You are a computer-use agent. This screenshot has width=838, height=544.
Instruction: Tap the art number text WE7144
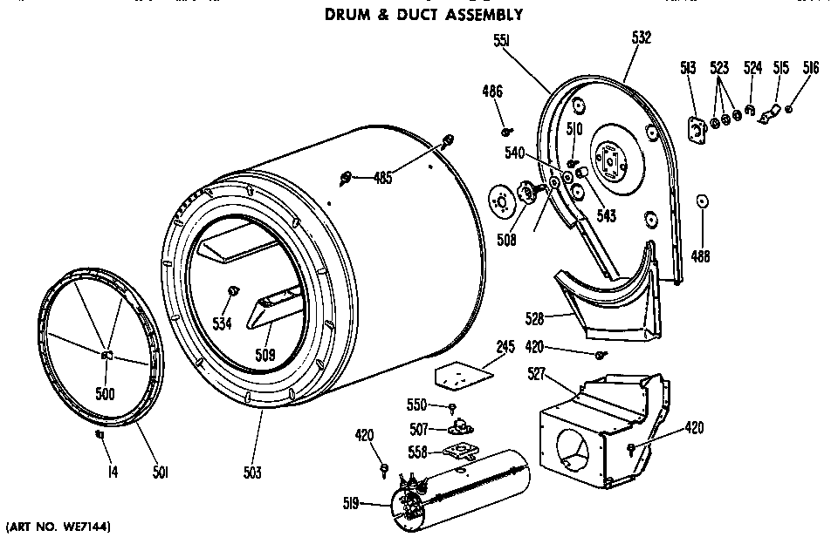click(x=59, y=527)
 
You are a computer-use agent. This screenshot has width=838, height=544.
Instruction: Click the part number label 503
click(x=253, y=473)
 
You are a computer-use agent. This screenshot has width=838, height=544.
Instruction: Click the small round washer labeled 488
click(x=702, y=203)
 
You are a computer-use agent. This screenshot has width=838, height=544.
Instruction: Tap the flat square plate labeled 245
click(x=461, y=375)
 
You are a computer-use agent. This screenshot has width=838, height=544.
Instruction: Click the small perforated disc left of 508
click(x=502, y=201)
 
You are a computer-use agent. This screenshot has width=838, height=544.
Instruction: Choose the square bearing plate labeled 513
click(x=697, y=129)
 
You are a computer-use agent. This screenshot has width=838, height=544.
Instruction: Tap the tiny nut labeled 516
click(x=788, y=109)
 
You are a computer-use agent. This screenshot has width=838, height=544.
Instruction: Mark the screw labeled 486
click(x=505, y=133)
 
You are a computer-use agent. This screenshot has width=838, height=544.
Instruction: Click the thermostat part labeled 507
click(x=459, y=428)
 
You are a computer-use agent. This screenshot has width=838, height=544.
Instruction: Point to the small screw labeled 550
click(x=452, y=408)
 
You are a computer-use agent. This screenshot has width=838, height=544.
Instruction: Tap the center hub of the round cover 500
click(x=106, y=355)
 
